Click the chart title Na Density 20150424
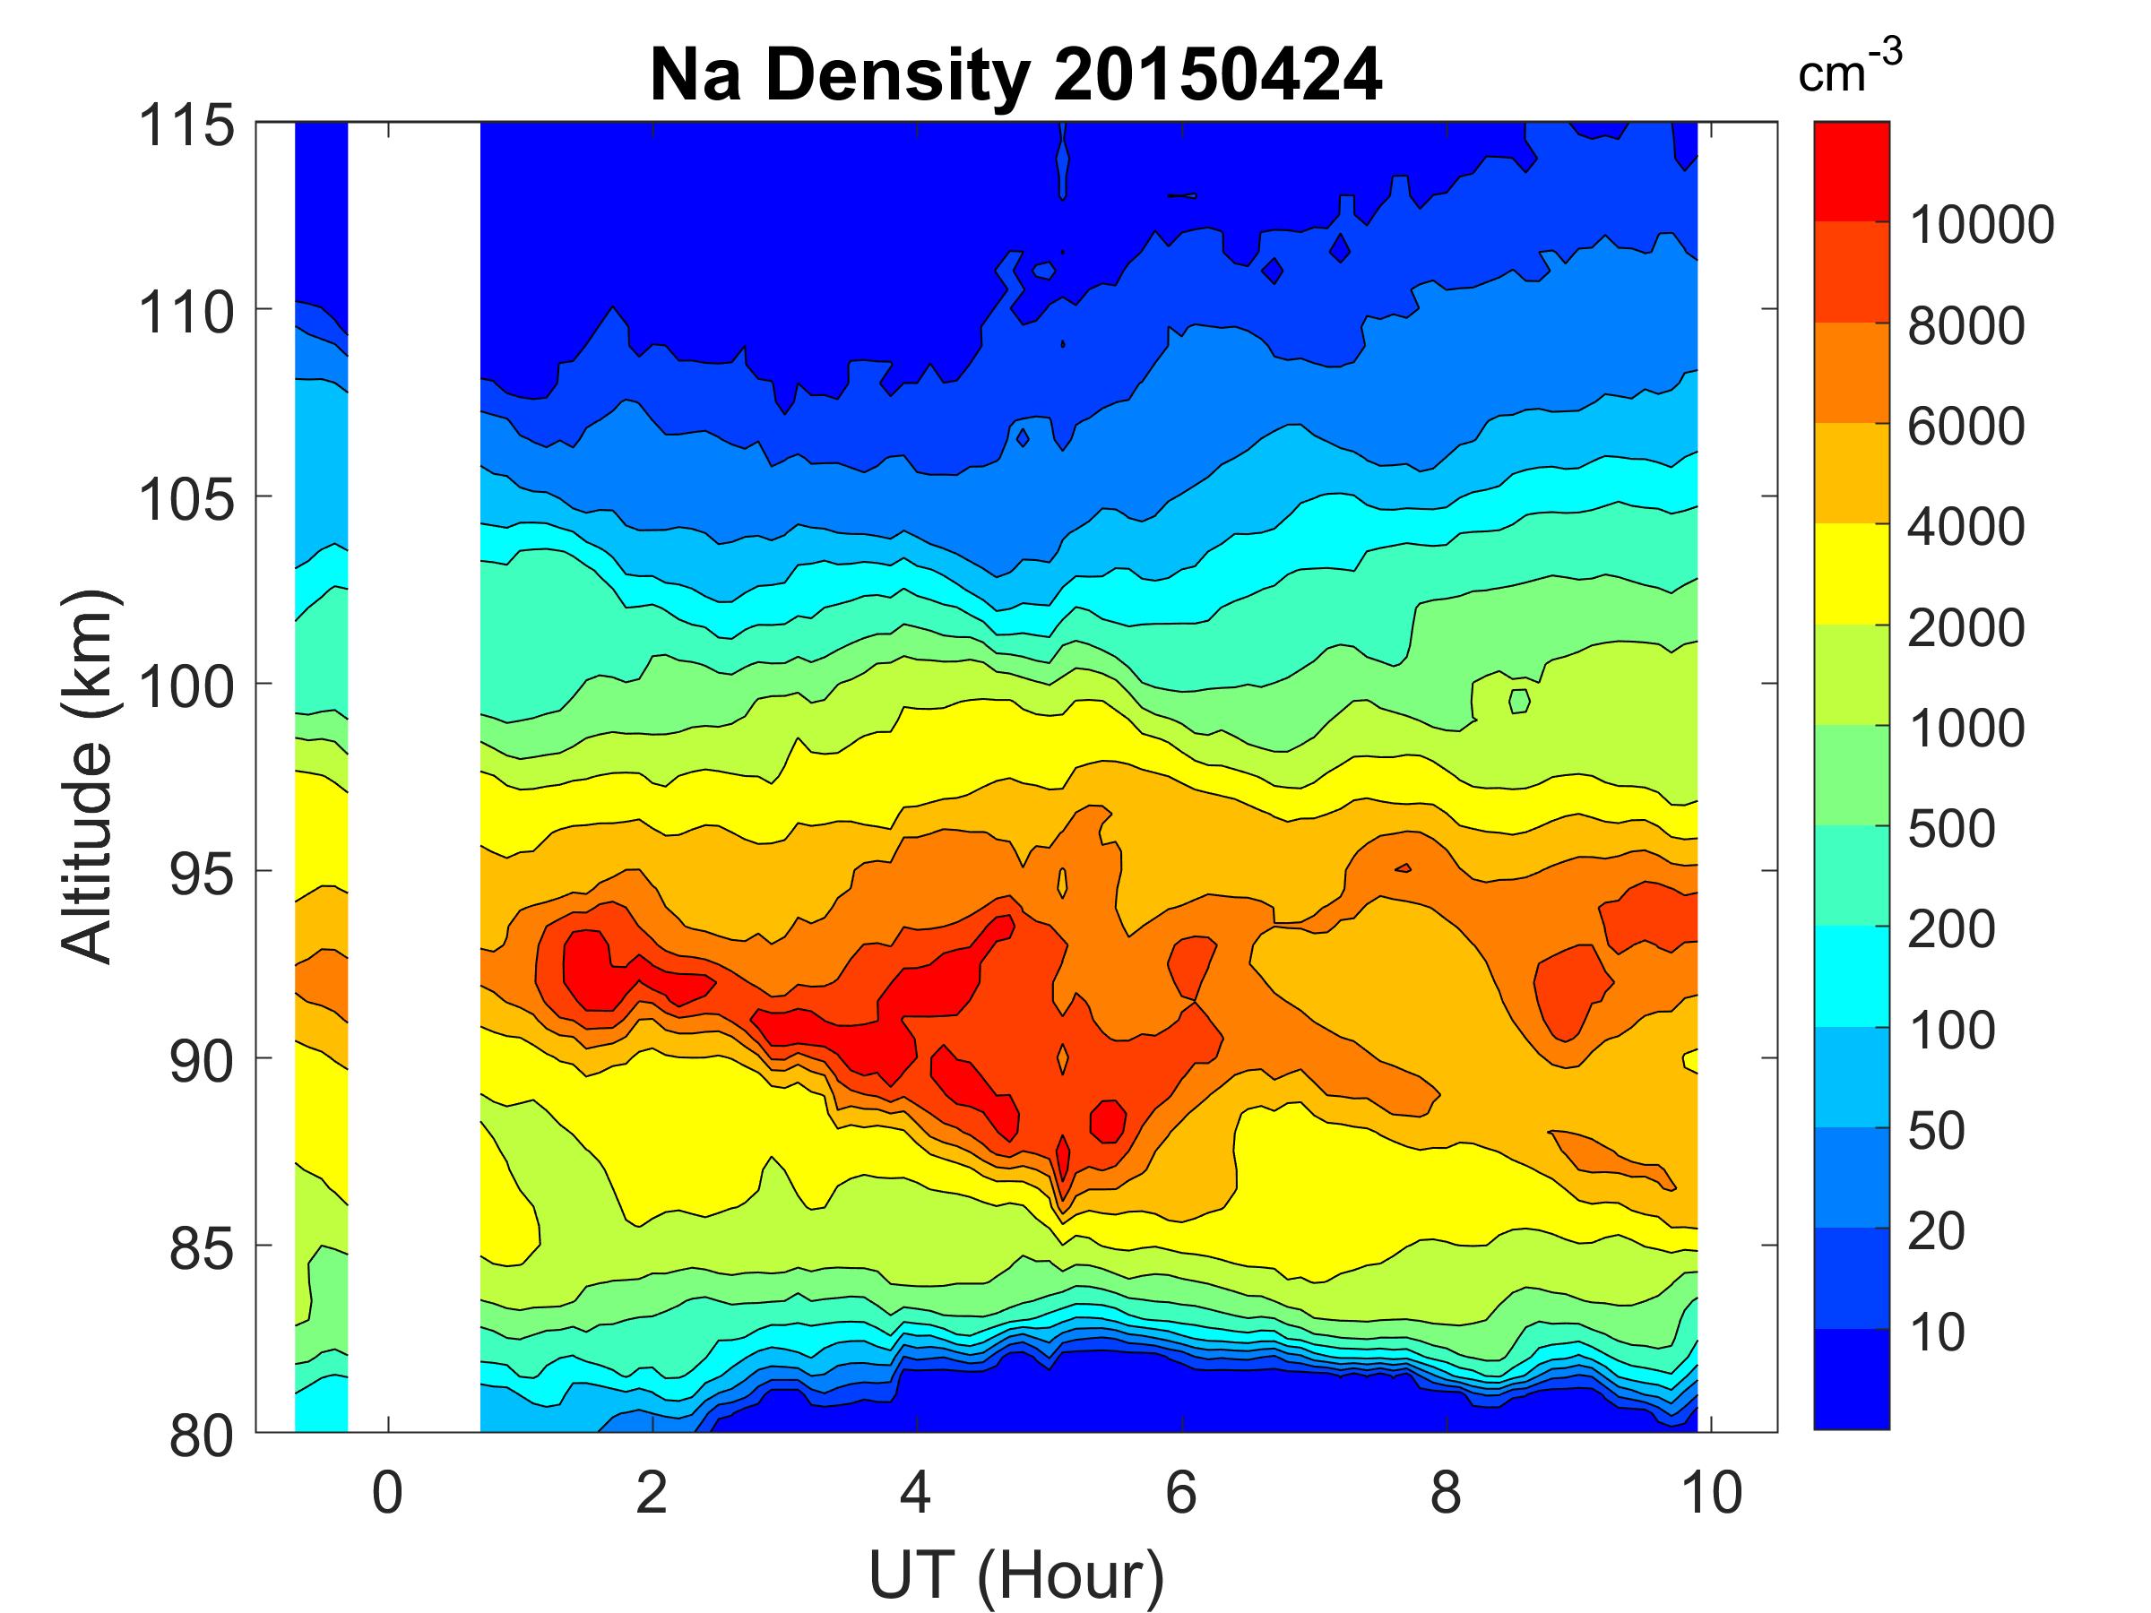pyautogui.click(x=1015, y=76)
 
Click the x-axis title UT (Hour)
pyautogui.click(x=1016, y=1574)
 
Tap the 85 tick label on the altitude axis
pyautogui.click(x=202, y=1248)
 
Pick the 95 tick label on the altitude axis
pyautogui.click(x=202, y=874)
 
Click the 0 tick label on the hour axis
pyautogui.click(x=387, y=1492)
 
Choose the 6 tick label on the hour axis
pyautogui.click(x=1180, y=1492)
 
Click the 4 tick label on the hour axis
pyautogui.click(x=916, y=1492)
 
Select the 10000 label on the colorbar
pyautogui.click(x=1982, y=225)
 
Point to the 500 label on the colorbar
pyautogui.click(x=1950, y=828)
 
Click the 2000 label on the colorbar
pyautogui.click(x=1966, y=627)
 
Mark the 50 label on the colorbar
pyautogui.click(x=1936, y=1130)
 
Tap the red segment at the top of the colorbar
pyautogui.click(x=1851, y=171)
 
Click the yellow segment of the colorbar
pyautogui.click(x=1851, y=574)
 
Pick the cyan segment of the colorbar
pyautogui.click(x=1851, y=976)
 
